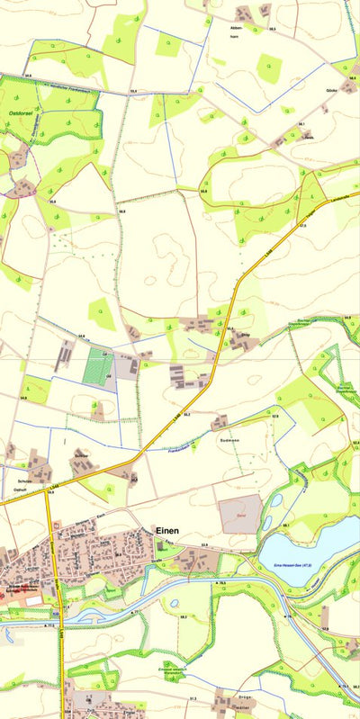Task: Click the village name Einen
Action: (x=166, y=531)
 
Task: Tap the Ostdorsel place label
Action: (x=21, y=113)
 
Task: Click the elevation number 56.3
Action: (x=272, y=30)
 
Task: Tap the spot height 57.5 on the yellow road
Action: (x=302, y=226)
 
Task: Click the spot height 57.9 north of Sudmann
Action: (x=274, y=417)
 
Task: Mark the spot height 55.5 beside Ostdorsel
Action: (x=27, y=76)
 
